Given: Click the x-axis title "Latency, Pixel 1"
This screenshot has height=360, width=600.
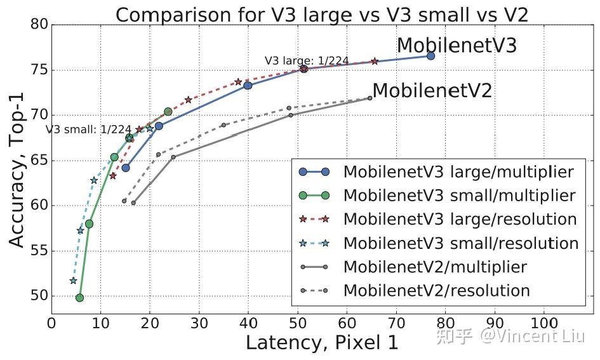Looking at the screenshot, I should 322,343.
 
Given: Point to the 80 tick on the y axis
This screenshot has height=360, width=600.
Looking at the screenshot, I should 39,25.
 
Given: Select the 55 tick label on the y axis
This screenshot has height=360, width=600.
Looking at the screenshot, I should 39,251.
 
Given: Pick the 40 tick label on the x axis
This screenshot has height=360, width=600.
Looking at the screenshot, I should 248,322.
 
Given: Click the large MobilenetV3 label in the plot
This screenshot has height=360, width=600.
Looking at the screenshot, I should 457,46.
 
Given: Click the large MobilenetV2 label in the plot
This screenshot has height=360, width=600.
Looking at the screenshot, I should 432,91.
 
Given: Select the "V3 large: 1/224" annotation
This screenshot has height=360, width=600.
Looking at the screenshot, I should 307,61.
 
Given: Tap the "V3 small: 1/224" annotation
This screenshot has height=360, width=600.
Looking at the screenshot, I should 88,129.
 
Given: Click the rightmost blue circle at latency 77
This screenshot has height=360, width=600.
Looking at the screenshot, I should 430,56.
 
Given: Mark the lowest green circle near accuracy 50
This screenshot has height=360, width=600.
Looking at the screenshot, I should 79,297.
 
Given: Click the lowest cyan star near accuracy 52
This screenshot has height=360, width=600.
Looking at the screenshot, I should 73,281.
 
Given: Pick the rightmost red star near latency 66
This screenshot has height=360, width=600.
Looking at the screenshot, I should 375,61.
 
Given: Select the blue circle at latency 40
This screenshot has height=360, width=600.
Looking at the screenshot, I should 248,85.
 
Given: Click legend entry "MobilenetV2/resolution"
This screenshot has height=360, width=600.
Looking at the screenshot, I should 436,291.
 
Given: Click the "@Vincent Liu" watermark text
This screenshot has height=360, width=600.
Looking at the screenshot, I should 531,335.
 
